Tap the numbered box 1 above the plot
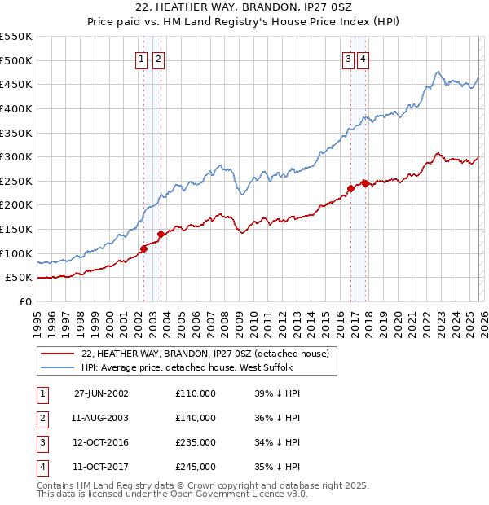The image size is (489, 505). (141, 59)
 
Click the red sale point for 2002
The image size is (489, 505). (144, 248)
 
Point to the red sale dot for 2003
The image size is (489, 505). (161, 234)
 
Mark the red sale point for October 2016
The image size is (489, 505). (350, 188)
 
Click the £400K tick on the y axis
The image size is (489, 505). (16, 108)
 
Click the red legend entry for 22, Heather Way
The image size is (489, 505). (205, 354)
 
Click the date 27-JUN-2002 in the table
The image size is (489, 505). (101, 393)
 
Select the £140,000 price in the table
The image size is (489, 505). (196, 418)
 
